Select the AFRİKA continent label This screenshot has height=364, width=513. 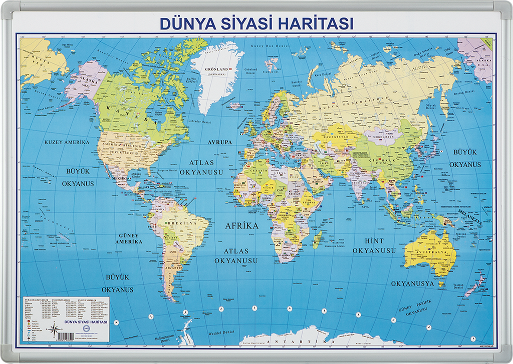coord(241,225)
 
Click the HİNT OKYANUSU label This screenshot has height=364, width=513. coord(374,245)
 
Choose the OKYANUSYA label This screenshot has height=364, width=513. coord(412,283)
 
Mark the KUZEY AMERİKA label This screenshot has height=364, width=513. coord(67,142)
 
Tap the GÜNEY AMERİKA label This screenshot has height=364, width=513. coord(129,238)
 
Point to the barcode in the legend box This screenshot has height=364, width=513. coord(34,340)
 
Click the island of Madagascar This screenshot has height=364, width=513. coord(318,239)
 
